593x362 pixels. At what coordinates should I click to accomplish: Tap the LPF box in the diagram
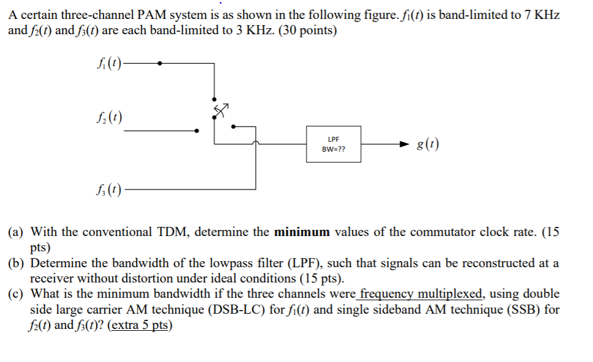pos(334,144)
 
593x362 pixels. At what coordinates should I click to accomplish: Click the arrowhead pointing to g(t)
pos(402,145)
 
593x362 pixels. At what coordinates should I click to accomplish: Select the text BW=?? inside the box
pos(334,149)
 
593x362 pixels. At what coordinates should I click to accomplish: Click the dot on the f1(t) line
pos(160,62)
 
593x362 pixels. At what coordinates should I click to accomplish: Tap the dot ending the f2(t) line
pos(196,130)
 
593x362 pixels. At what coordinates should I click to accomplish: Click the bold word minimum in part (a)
pos(302,232)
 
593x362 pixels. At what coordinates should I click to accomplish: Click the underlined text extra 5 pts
pos(140,325)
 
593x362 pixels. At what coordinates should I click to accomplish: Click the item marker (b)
pos(17,264)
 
